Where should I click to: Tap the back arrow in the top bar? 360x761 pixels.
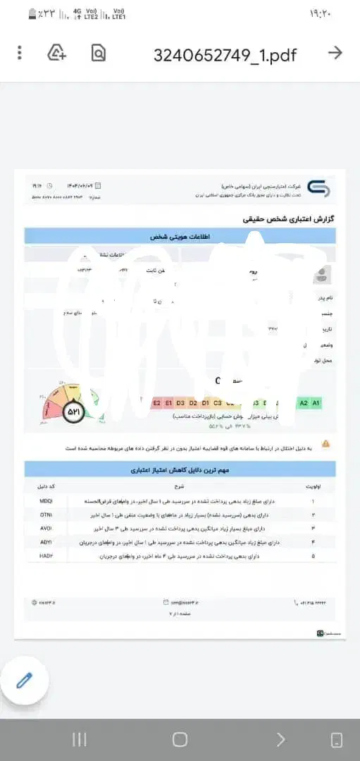[335, 52]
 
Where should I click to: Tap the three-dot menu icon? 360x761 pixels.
[20, 52]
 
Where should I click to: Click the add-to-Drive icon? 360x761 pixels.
[56, 52]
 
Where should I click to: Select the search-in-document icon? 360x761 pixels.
[98, 52]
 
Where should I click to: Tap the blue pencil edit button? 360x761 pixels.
[25, 680]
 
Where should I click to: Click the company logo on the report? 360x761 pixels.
[317, 189]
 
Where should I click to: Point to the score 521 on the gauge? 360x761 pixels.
[74, 412]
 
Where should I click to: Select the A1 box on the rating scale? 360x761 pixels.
[316, 403]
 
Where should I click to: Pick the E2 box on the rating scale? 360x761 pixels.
[157, 403]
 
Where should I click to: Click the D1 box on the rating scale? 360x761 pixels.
[205, 403]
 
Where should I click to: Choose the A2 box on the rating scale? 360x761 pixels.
[304, 403]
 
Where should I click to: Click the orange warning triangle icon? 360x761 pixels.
[325, 443]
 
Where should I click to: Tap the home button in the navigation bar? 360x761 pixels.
[180, 739]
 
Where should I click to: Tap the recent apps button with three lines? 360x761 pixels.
[80, 739]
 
